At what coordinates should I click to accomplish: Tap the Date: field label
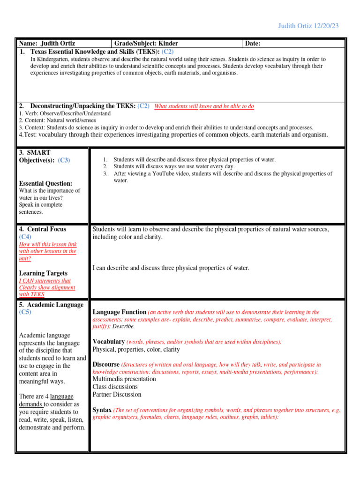click(253, 44)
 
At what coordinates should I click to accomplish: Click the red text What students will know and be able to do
click(204, 106)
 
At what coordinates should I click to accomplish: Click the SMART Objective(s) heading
click(38, 156)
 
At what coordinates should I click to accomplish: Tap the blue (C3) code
click(64, 160)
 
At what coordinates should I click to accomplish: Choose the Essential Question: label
click(45, 183)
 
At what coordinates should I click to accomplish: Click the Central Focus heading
click(43, 229)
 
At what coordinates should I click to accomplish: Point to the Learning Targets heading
click(43, 273)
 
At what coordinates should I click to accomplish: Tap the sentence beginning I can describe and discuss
click(171, 268)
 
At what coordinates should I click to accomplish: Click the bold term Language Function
click(120, 312)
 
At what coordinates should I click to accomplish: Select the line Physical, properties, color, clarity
click(139, 349)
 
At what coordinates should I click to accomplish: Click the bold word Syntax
click(102, 410)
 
